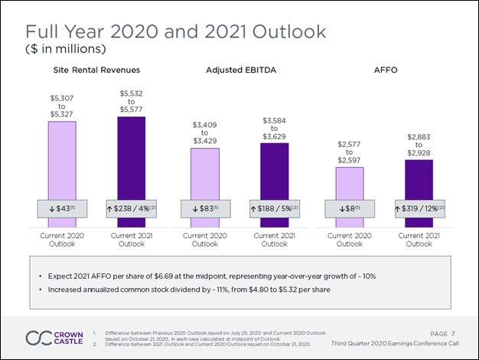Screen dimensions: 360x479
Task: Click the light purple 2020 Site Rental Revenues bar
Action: tap(63, 161)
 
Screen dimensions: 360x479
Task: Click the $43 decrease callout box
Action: tap(63, 209)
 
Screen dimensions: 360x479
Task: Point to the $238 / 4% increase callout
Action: tap(132, 209)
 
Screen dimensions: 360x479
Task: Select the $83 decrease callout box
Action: tap(204, 209)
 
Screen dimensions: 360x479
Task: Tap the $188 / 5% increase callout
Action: tap(275, 209)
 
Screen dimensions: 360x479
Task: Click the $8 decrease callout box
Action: tap(348, 209)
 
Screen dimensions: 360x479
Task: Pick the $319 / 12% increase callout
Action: tap(418, 209)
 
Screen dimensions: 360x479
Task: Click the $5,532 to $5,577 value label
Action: tap(132, 101)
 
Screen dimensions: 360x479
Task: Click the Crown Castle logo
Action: tap(51, 338)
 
